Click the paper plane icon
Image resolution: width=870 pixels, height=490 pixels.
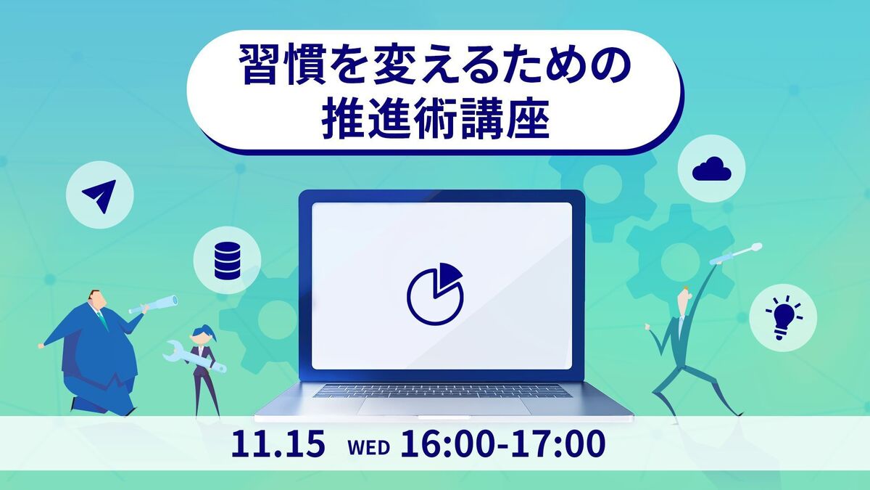(x=101, y=195)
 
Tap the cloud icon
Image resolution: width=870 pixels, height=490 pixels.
(x=711, y=169)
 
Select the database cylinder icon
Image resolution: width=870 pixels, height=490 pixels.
(x=227, y=261)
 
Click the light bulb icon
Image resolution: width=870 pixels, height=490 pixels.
(x=784, y=318)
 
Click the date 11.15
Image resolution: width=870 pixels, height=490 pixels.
(x=278, y=444)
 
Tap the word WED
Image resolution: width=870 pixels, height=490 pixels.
(x=368, y=447)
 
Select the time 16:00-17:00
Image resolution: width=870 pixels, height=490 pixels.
(x=502, y=444)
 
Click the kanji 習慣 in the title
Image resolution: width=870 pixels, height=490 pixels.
(x=282, y=65)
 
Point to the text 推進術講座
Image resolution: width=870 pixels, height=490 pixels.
(x=436, y=118)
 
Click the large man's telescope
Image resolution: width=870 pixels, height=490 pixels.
(x=154, y=304)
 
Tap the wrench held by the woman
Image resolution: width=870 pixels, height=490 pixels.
(x=194, y=357)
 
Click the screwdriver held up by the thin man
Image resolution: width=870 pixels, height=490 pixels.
(x=736, y=254)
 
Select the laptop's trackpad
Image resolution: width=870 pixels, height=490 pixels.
(x=444, y=406)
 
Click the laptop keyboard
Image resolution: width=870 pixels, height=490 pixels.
(x=443, y=391)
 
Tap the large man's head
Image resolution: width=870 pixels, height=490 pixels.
(x=96, y=300)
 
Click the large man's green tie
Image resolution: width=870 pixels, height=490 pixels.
(x=102, y=319)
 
